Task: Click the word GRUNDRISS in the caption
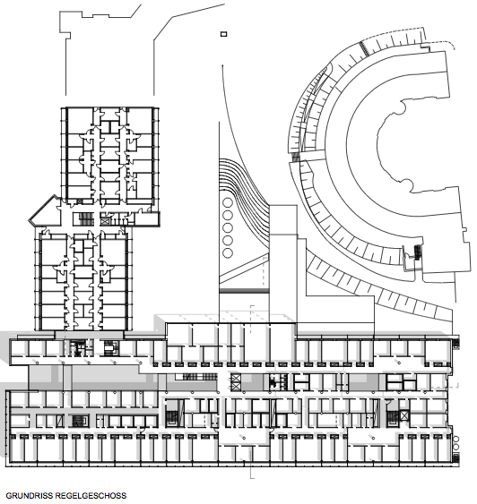tap(30, 496)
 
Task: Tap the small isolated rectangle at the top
tap(223, 34)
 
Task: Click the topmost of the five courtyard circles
tap(228, 203)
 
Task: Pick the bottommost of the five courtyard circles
tap(228, 253)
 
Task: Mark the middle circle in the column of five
tap(228, 228)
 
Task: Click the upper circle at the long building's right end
tap(455, 440)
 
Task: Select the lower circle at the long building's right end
tap(455, 447)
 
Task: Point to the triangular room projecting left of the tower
tap(45, 210)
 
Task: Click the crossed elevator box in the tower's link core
tap(105, 221)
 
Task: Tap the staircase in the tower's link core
tap(86, 218)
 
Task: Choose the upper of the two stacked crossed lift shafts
tap(236, 378)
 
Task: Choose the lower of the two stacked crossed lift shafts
tap(236, 387)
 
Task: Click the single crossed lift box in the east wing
tap(404, 415)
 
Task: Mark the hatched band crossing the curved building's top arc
tap(364, 49)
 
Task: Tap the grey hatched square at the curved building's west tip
tap(296, 157)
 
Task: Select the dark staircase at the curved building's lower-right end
tap(418, 252)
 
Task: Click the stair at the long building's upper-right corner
tap(456, 343)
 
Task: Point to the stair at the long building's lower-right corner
tap(456, 458)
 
